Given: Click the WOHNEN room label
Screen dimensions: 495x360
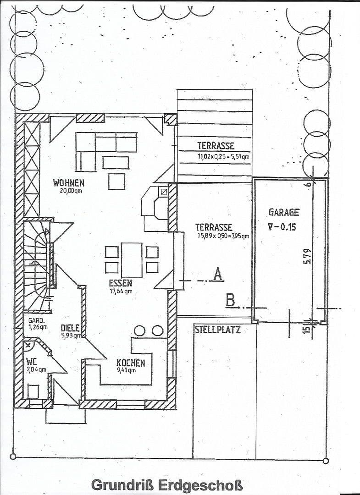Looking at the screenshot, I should pos(69,183).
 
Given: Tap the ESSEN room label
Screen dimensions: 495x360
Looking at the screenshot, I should pos(121,283).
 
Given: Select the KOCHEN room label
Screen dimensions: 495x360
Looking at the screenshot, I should pos(131,363).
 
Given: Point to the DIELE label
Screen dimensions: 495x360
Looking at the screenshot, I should pos(70,328).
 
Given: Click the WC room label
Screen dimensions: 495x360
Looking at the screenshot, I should pos(32,361).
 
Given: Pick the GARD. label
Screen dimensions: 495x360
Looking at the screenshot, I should pos(36,320).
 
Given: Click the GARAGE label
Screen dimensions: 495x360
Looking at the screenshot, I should pos(284,212).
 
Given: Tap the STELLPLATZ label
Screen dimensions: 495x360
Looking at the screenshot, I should pos(217,329).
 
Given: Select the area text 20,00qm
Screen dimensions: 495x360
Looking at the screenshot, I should pos(71,191).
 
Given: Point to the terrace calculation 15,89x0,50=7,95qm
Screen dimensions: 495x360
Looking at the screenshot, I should pos(222,236).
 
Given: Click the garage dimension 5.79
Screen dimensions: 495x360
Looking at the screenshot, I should pos(308,256).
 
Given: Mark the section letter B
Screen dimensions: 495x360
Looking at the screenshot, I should pos(231,301).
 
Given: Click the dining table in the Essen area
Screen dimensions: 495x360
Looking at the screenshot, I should pos(132,259).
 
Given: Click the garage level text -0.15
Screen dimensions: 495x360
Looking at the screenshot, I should pos(286,226).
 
